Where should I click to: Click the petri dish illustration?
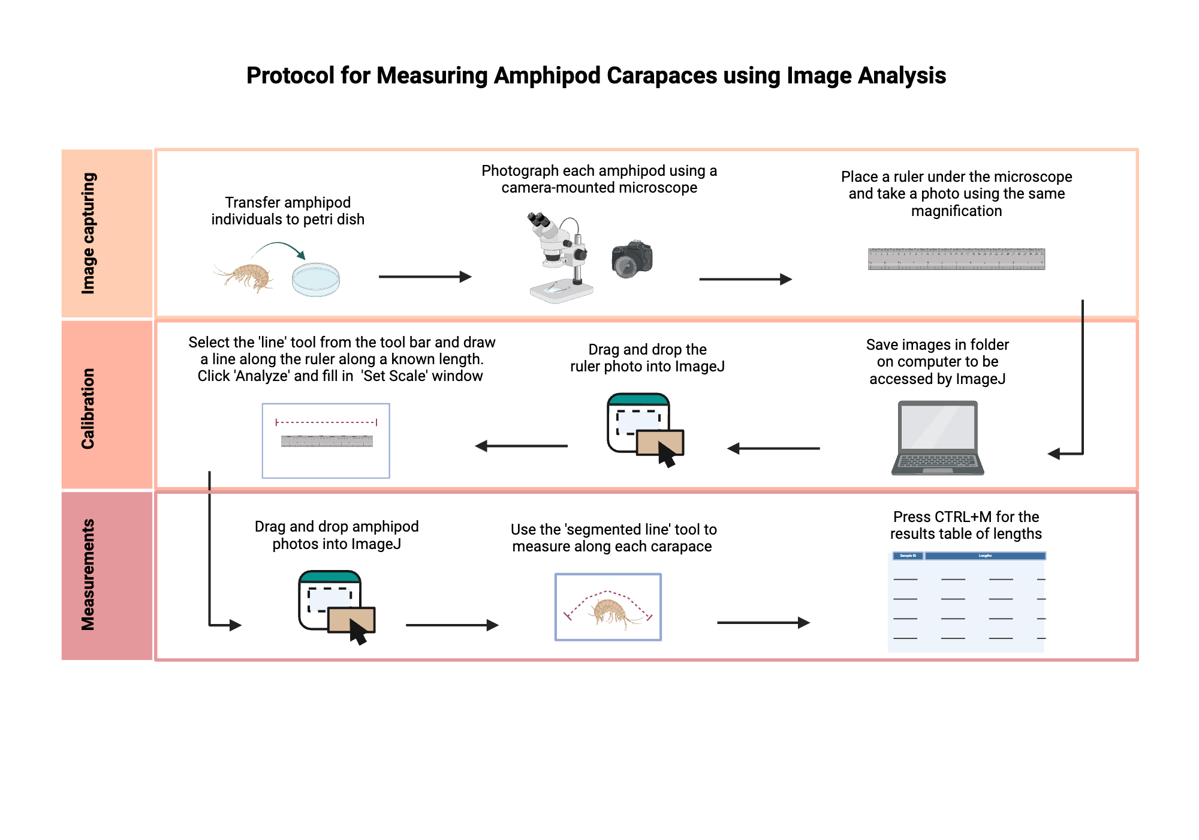coord(316,280)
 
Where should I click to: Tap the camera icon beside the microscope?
coord(632,259)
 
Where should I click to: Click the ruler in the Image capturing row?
coord(956,259)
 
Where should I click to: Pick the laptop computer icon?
coord(938,438)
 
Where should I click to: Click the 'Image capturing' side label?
coord(88,233)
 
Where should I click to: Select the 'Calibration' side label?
coord(88,408)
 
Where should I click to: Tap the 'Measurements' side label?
coord(88,575)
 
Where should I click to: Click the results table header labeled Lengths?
coord(985,556)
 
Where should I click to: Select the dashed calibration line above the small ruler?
coord(326,422)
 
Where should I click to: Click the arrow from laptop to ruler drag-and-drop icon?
coord(773,448)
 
